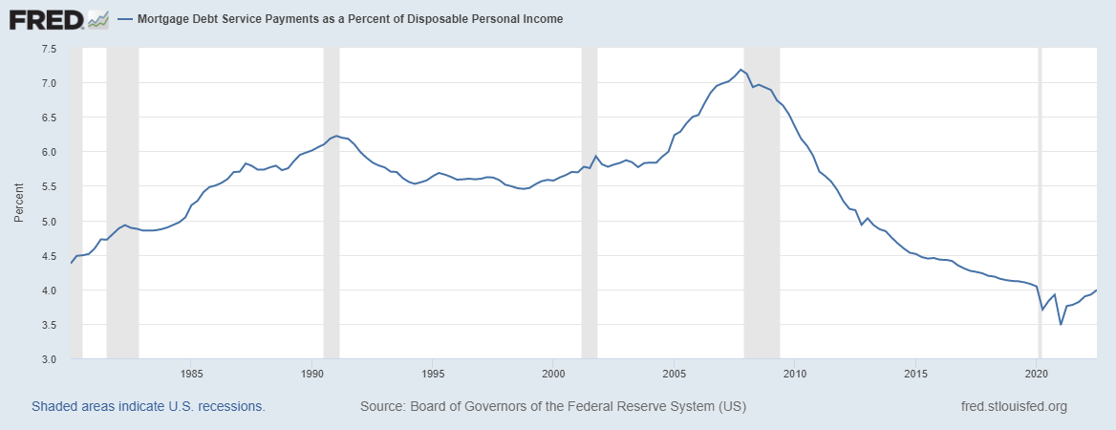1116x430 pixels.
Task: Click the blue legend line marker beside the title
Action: (x=125, y=18)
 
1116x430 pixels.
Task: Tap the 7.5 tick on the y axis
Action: (x=49, y=49)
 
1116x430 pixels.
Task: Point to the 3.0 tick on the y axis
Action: (x=49, y=359)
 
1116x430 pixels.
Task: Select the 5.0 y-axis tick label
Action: (x=49, y=222)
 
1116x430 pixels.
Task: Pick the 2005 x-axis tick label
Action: (x=675, y=373)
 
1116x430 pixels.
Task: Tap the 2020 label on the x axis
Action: (x=1038, y=373)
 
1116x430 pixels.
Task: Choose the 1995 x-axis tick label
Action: (x=433, y=373)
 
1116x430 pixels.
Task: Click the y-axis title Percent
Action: (x=19, y=204)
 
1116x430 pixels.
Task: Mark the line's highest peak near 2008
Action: (x=740, y=69)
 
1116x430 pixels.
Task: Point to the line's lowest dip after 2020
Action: (x=1061, y=324)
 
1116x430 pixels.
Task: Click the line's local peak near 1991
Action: (x=336, y=136)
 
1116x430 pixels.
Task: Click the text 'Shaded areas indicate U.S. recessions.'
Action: (x=148, y=406)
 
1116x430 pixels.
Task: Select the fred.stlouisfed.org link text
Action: (x=1013, y=406)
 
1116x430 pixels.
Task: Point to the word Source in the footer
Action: (x=381, y=406)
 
